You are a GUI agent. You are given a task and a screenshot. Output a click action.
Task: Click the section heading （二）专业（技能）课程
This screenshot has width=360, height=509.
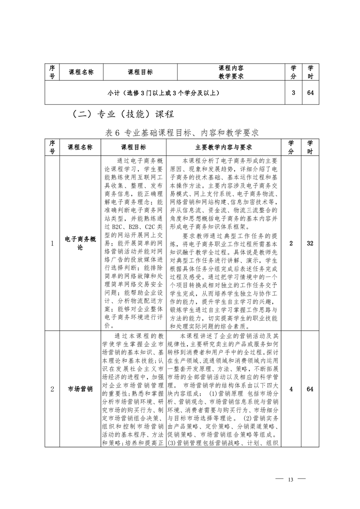(123, 114)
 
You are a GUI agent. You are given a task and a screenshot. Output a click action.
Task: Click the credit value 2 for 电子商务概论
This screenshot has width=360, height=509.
(291, 243)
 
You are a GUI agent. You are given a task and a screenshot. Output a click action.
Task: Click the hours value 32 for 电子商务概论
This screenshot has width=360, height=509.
(310, 243)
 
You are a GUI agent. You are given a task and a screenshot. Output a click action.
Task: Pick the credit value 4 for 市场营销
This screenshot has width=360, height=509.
(291, 389)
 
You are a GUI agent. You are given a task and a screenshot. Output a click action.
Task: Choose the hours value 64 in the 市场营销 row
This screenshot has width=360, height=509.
(310, 389)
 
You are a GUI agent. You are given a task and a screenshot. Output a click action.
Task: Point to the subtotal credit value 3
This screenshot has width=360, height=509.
(293, 93)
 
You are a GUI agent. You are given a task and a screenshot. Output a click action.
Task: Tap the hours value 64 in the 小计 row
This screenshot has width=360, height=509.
(311, 93)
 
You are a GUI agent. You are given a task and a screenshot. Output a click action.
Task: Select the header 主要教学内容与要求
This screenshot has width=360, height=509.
(224, 147)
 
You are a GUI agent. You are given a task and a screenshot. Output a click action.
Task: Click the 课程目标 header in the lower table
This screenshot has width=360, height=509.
(133, 147)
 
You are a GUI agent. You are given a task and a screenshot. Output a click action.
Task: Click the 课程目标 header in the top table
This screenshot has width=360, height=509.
(140, 72)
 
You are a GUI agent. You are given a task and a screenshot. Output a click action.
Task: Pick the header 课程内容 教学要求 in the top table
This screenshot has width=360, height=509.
(231, 72)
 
